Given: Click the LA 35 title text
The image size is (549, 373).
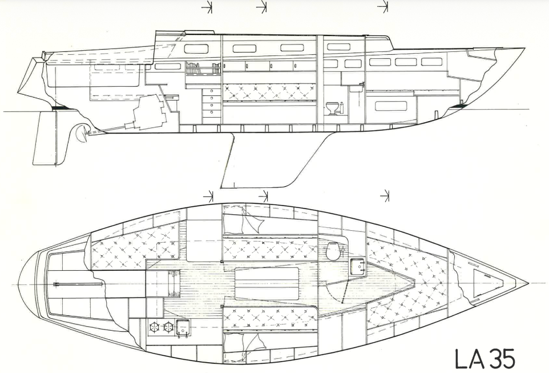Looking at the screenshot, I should coord(485,358).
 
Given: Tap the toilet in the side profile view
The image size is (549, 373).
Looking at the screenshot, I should coord(332,108).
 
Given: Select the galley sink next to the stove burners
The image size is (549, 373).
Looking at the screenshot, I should coord(183,327).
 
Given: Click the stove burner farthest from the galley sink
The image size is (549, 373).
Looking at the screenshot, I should coord(154,327).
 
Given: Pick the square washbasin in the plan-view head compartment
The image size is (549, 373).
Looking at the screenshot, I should coord(358,266).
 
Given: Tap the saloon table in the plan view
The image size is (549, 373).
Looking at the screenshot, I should coord(267,283).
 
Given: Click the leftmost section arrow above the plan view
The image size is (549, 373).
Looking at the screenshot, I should coord(209,196).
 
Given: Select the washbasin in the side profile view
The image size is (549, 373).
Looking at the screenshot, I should coord(355,87).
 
